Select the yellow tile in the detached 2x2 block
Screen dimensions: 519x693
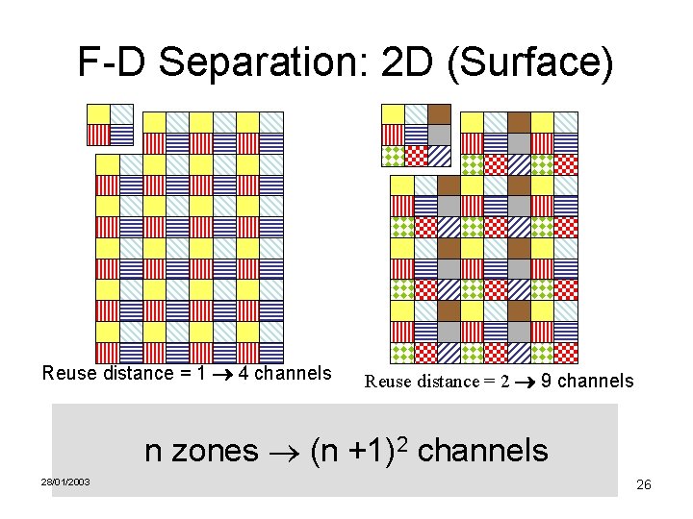click(98, 113)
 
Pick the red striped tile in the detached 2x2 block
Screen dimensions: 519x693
click(98, 135)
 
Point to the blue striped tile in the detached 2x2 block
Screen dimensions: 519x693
click(121, 135)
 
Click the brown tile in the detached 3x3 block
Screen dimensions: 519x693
click(439, 113)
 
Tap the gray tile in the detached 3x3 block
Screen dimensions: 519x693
click(439, 135)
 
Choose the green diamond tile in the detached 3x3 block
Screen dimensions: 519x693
click(393, 156)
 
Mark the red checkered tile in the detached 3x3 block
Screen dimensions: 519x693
click(416, 156)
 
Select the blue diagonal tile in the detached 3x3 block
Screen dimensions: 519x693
click(439, 156)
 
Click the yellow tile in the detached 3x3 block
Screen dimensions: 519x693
click(393, 113)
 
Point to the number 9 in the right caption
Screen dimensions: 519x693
click(546, 381)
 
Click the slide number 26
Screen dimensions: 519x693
click(644, 484)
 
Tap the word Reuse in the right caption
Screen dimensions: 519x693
click(387, 382)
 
